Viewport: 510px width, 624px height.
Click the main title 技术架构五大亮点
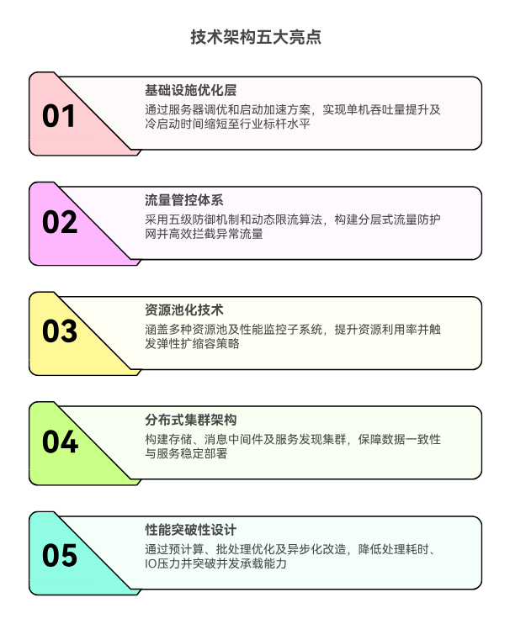256,37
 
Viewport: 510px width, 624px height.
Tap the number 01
59,116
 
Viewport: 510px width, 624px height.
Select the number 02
60,222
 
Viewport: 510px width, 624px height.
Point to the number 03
60,331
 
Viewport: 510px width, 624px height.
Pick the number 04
60,442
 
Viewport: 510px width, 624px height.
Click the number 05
60,555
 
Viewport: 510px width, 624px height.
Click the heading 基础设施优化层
191,90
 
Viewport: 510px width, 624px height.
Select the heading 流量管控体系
184,200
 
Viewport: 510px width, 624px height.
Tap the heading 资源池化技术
184,310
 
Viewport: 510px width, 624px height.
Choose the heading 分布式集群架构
191,420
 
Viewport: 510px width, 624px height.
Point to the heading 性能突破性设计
191,530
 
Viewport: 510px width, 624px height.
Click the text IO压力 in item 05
157,563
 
